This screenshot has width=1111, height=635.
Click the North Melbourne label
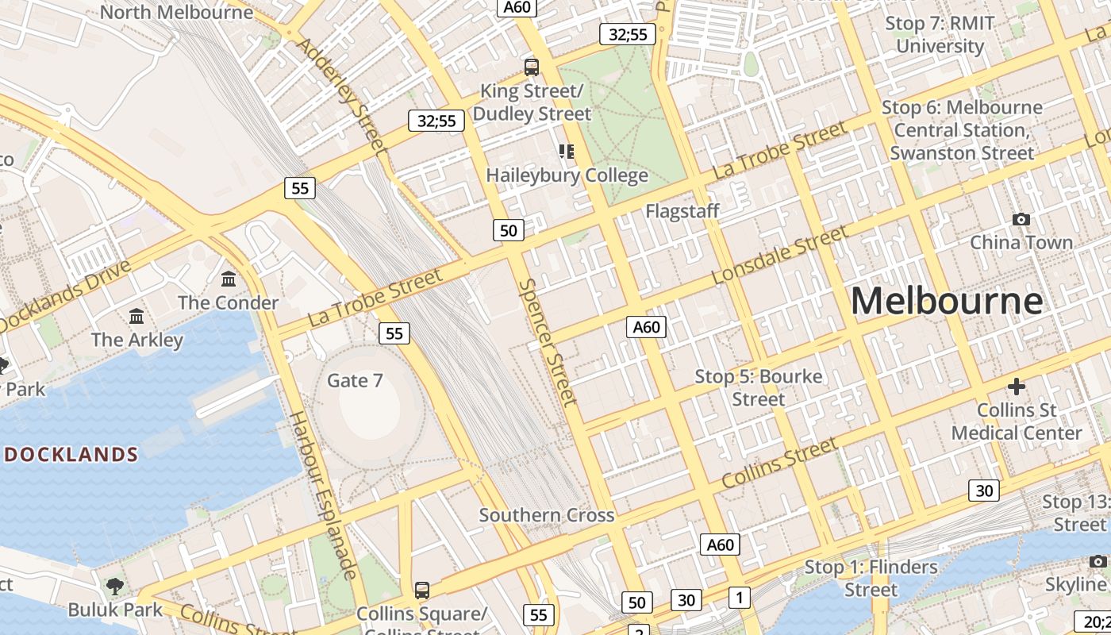pyautogui.click(x=177, y=12)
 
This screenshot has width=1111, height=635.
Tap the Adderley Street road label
pyautogui.click(x=340, y=93)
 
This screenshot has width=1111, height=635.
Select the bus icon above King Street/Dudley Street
pyautogui.click(x=532, y=67)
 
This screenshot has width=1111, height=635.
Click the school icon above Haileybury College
pyautogui.click(x=566, y=151)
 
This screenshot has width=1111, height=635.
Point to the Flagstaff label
pyautogui.click(x=682, y=211)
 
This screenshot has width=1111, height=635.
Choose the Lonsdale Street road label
pyautogui.click(x=779, y=255)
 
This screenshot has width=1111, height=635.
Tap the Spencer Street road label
pyautogui.click(x=548, y=342)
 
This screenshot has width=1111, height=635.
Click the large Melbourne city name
pyautogui.click(x=947, y=301)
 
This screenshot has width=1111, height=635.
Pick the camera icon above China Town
pyautogui.click(x=1021, y=219)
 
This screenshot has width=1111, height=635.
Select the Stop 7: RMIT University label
pyautogui.click(x=940, y=34)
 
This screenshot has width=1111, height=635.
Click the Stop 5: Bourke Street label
pyautogui.click(x=759, y=387)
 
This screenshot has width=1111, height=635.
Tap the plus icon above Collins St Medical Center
pyautogui.click(x=1017, y=387)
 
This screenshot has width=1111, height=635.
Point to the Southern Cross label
pyautogui.click(x=547, y=515)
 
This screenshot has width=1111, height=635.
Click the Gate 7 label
pyautogui.click(x=355, y=381)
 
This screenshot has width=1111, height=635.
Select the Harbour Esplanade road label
pyautogui.click(x=322, y=495)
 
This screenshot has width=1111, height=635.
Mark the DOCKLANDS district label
pyautogui.click(x=71, y=455)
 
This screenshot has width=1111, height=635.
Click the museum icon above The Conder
pyautogui.click(x=229, y=279)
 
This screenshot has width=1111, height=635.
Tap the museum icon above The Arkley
pyautogui.click(x=136, y=316)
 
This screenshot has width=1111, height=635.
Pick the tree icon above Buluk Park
pyautogui.click(x=115, y=587)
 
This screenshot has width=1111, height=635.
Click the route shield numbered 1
pyautogui.click(x=739, y=598)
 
